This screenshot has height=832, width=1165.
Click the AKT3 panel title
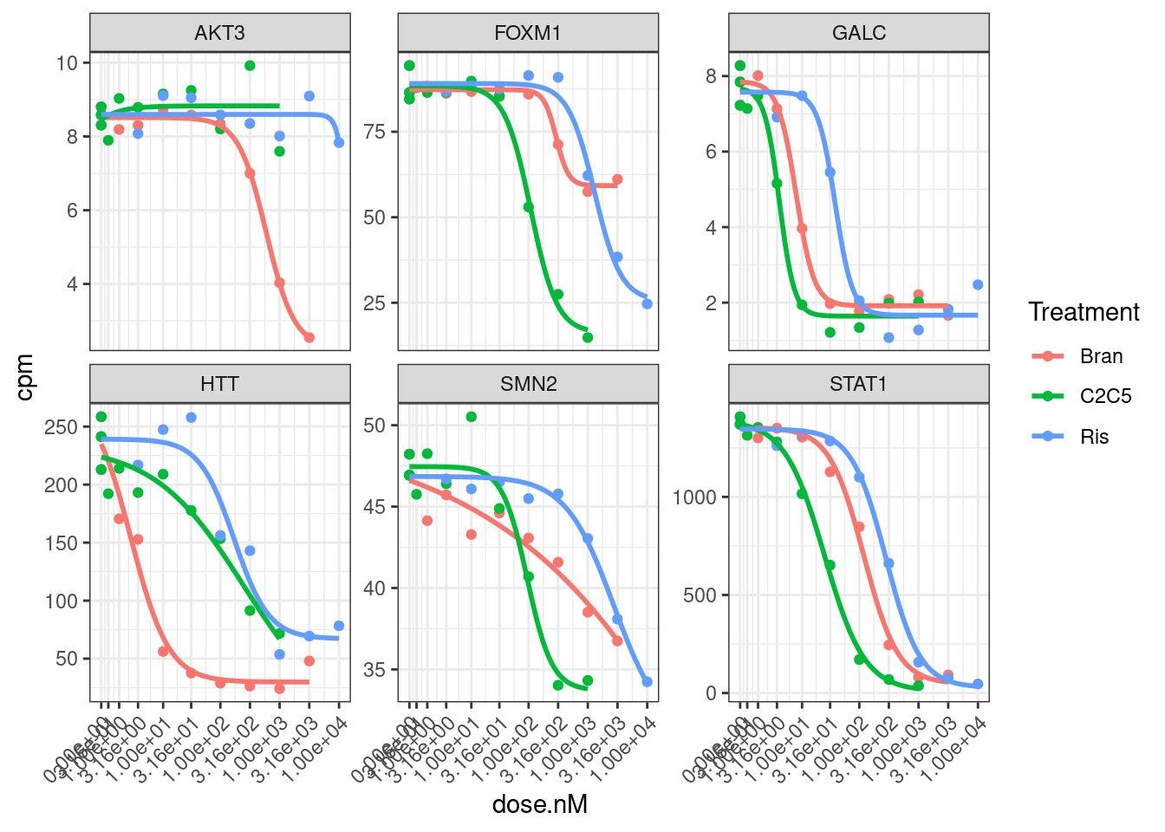coord(220,33)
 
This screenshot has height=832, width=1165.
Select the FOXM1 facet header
coord(528,33)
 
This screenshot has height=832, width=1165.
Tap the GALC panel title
coord(858,33)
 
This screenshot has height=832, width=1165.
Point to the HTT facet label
coord(220,384)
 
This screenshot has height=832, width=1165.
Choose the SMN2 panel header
coord(528,384)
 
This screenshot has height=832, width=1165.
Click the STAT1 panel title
coord(858,384)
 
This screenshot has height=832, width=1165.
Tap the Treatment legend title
coord(1084,312)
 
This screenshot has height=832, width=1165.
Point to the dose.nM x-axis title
coord(539,804)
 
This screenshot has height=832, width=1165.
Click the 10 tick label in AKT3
coord(67,62)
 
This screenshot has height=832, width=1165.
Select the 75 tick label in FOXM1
coord(374,132)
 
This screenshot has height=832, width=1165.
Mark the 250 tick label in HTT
coord(62,427)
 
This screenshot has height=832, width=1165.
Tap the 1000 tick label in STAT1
coord(694,497)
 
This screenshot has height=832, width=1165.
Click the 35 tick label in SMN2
coord(374,670)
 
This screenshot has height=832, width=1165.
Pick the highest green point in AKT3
coord(250,66)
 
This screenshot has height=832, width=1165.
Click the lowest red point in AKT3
coord(309,337)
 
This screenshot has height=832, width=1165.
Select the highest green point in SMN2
coord(472,417)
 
